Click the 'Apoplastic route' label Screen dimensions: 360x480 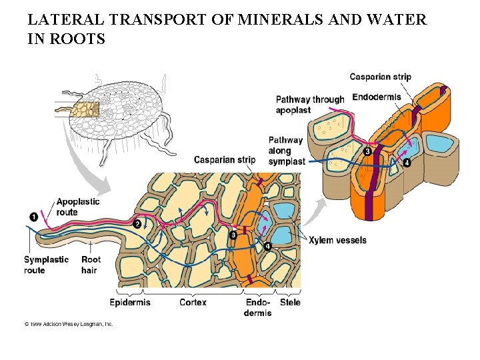[78, 207]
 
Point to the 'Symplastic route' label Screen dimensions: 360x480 [46, 265]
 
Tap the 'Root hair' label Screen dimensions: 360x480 [91, 265]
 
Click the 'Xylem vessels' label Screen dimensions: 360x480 [337, 240]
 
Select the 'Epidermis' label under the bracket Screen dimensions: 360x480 [131, 302]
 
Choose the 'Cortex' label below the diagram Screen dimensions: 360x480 [193, 302]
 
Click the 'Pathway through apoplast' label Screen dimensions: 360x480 [310, 105]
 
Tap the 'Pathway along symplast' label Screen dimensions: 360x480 [287, 151]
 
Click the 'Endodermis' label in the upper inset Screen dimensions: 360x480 [377, 97]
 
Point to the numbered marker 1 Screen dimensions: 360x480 [34, 216]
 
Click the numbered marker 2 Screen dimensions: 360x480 [137, 224]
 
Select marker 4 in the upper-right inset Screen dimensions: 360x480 [407, 162]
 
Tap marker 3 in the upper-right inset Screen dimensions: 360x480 [367, 152]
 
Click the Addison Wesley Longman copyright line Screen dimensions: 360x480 [69, 324]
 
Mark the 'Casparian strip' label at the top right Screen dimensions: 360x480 [380, 77]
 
